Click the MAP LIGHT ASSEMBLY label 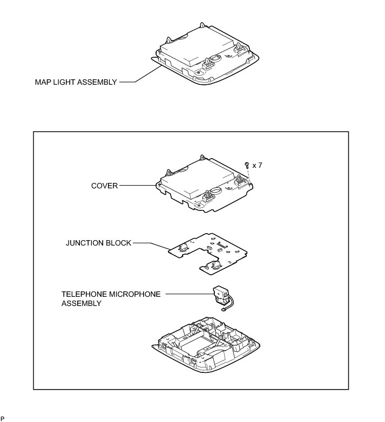76,83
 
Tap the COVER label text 104,185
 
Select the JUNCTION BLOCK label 99,243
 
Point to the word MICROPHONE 134,294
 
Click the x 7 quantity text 257,165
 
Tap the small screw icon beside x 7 247,164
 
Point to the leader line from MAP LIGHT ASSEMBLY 138,79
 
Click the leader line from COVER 138,185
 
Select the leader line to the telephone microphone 189,294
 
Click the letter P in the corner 3,418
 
